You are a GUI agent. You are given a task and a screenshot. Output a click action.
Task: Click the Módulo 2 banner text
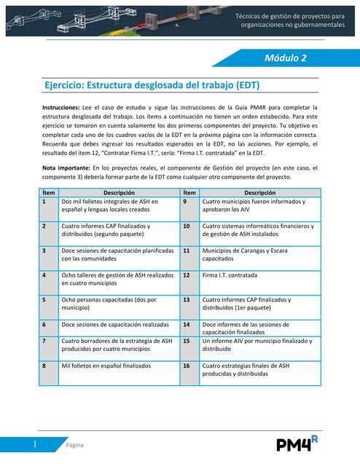285,58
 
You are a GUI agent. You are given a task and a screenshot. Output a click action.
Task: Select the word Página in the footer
75,445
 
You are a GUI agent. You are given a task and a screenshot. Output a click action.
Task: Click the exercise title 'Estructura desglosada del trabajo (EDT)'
152,85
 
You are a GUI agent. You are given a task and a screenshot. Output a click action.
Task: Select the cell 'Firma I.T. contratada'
235,276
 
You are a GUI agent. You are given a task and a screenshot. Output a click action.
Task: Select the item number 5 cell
44,299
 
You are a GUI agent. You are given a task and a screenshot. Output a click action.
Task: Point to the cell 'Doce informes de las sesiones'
248,328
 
